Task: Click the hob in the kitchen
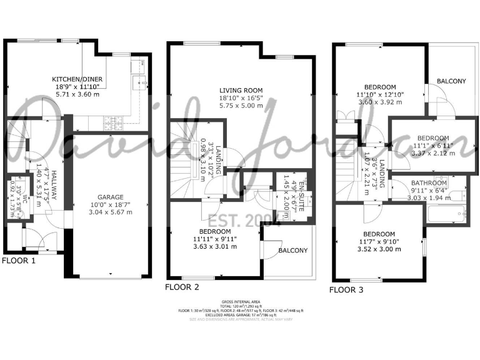click(x=116, y=121)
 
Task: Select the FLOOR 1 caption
click(x=19, y=261)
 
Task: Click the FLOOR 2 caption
click(x=182, y=287)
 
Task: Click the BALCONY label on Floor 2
click(x=292, y=251)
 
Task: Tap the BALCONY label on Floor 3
click(x=451, y=81)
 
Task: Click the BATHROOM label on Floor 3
click(x=429, y=183)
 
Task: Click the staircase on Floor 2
click(x=187, y=156)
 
